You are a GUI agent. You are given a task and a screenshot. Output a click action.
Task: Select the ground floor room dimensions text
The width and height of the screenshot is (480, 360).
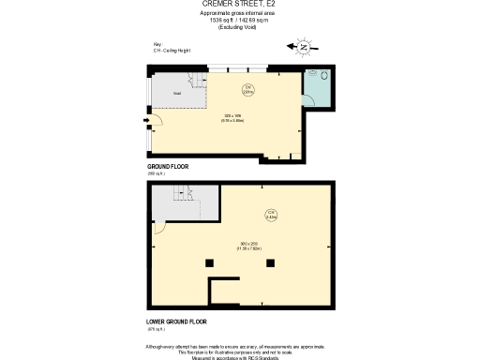pos(233,118)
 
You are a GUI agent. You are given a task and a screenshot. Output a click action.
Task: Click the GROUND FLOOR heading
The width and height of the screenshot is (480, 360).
pos(168,166)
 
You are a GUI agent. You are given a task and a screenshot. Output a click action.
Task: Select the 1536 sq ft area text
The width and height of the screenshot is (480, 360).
pos(239,19)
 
